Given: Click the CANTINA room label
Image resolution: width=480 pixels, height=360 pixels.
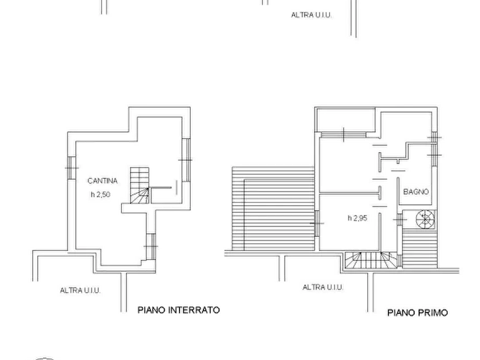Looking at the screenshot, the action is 102,181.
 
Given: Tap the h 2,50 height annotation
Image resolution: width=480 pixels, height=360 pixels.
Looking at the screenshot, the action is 101,195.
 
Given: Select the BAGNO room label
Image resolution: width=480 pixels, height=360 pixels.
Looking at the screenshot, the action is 415,192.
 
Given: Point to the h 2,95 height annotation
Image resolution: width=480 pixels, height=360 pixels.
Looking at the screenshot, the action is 357,218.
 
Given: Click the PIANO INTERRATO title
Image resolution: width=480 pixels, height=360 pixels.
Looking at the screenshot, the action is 179,310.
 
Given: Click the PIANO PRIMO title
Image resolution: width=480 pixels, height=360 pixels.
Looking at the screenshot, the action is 418,313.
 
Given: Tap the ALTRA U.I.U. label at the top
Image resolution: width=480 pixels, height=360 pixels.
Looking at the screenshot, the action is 311,15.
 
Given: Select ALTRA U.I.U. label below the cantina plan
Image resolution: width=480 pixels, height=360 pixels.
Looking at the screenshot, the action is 80,290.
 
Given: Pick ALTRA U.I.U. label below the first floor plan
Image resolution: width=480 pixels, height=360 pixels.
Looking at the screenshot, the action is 323,287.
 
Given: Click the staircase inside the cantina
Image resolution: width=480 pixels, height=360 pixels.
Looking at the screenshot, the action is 140,185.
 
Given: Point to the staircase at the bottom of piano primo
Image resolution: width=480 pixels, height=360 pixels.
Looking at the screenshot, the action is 371,260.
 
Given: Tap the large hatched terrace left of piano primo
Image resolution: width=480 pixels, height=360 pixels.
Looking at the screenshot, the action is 274,208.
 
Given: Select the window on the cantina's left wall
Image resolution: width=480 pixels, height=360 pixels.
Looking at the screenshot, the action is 71,168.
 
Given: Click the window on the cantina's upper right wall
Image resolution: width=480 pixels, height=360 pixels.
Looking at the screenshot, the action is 186,160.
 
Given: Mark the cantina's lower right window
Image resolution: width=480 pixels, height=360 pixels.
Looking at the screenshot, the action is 151,247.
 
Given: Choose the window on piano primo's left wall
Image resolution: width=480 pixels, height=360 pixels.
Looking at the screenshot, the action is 317,224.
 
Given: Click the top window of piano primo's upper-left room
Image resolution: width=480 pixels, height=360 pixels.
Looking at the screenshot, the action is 343,135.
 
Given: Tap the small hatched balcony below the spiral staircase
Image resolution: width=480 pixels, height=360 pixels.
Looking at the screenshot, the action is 419,249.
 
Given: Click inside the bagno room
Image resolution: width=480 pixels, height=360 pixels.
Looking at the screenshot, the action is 415,181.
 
